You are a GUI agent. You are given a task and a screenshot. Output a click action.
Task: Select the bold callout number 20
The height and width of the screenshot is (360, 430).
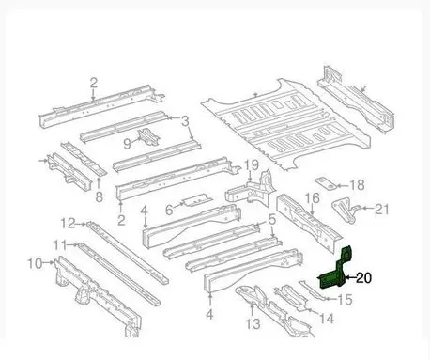click(363, 277)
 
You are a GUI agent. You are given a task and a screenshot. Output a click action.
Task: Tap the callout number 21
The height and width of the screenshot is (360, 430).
click(381, 209)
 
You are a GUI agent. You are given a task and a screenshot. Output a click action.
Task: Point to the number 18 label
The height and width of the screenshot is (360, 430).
click(357, 185)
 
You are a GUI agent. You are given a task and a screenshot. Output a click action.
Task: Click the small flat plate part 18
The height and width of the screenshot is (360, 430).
click(326, 183)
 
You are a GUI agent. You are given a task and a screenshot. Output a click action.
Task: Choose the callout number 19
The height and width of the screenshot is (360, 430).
click(252, 165)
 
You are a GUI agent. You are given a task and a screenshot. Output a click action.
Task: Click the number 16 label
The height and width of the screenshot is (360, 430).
click(312, 198)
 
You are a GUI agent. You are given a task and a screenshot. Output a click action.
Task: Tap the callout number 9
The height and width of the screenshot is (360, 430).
click(127, 144)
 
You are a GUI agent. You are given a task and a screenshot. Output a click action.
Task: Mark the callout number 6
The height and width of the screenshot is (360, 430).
click(169, 210)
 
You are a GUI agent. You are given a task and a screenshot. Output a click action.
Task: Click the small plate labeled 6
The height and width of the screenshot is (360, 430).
click(197, 199)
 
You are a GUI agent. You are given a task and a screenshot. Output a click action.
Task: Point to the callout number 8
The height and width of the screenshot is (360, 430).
click(99, 197)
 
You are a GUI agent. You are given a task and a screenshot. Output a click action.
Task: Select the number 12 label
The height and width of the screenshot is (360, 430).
click(68, 224)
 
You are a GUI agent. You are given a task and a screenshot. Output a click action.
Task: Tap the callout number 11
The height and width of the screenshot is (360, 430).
click(60, 245)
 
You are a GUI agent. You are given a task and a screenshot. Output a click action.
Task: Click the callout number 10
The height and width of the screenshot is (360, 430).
click(35, 263)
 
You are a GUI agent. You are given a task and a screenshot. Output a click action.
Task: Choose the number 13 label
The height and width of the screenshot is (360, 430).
click(253, 323)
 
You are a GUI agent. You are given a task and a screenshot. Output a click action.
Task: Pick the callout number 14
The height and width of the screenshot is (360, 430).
click(326, 319)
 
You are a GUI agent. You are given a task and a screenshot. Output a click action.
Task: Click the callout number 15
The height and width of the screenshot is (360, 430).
click(345, 300)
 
